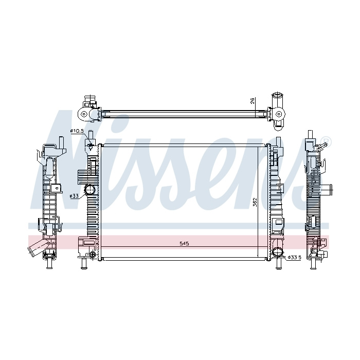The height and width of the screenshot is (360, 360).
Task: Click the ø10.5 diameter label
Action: click(x=77, y=131)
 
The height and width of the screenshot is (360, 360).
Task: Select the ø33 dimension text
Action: click(x=74, y=196)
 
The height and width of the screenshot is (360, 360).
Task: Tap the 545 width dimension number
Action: click(x=184, y=244)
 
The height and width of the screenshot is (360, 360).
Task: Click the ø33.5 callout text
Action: click(x=294, y=258)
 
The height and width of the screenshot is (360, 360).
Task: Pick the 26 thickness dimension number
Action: click(x=253, y=101)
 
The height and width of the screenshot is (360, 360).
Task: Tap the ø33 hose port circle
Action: click(x=90, y=197)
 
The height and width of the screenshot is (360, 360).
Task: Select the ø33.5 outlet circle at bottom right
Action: click(x=277, y=252)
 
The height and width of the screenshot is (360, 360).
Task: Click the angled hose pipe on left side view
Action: click(x=37, y=247)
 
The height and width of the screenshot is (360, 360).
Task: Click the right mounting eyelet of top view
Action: click(x=279, y=114)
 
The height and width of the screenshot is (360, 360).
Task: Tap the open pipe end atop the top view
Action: click(x=278, y=96)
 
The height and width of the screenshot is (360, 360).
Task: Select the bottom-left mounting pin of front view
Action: click(x=84, y=263)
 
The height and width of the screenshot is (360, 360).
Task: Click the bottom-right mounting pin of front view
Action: click(x=279, y=263)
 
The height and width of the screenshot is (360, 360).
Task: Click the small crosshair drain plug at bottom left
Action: click(x=93, y=254)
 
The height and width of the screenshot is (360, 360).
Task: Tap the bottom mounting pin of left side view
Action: click(x=49, y=263)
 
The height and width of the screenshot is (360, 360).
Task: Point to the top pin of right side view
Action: click(x=311, y=134)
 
